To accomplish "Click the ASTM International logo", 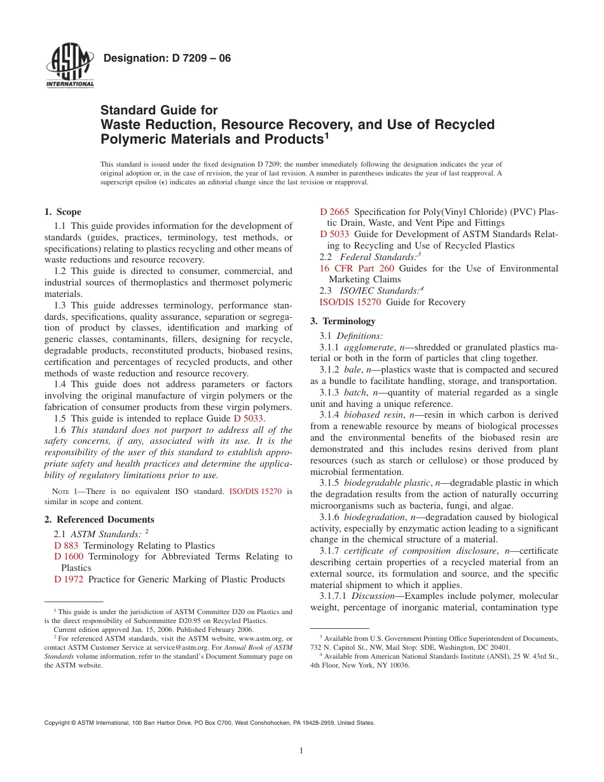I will coord(70,67).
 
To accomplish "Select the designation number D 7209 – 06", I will coord(167,58).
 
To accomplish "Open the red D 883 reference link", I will coord(66,545).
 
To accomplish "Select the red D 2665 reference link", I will coord(334,212).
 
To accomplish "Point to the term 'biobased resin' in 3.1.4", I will coord(373,415).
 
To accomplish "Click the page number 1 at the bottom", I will coord(301,751).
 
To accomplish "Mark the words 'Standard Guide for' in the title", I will coord(159,111).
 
